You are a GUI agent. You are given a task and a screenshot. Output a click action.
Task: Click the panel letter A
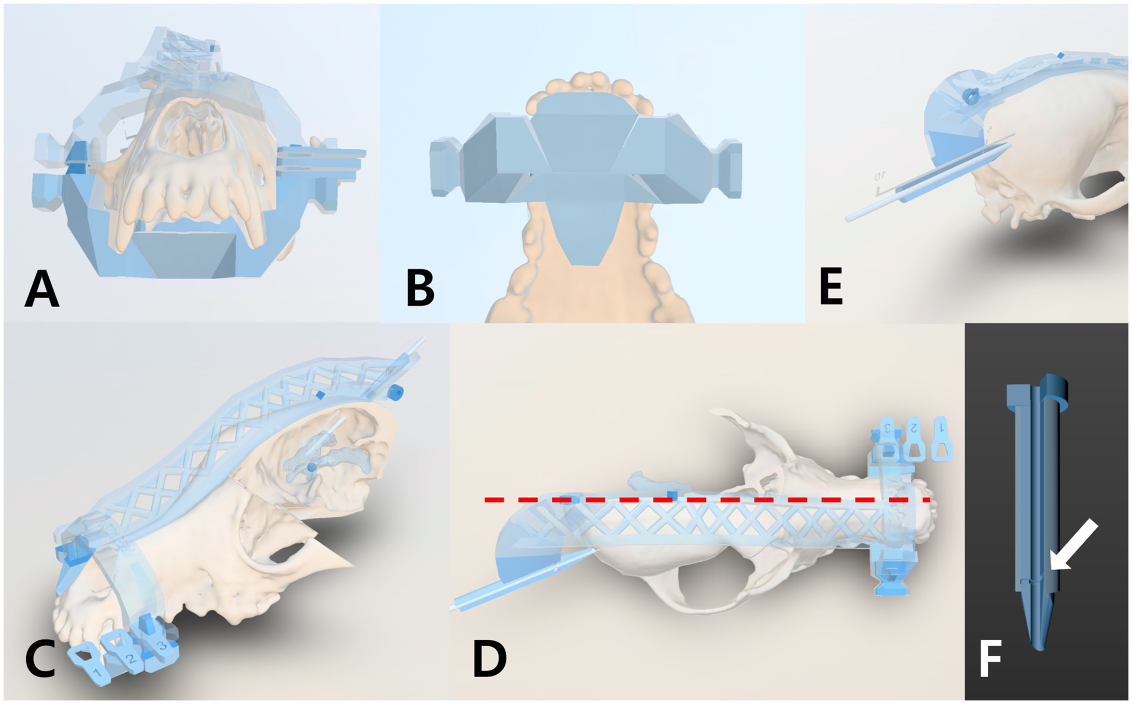42,289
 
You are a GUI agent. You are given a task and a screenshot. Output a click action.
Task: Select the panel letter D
489,659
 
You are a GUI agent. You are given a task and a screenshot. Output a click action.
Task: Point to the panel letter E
831,286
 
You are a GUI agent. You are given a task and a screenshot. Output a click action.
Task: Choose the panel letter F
990,659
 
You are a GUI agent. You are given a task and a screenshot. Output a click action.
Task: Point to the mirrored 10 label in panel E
880,177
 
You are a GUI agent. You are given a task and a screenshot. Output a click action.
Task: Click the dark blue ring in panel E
971,95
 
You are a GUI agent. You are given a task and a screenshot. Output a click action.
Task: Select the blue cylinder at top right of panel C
395,392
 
